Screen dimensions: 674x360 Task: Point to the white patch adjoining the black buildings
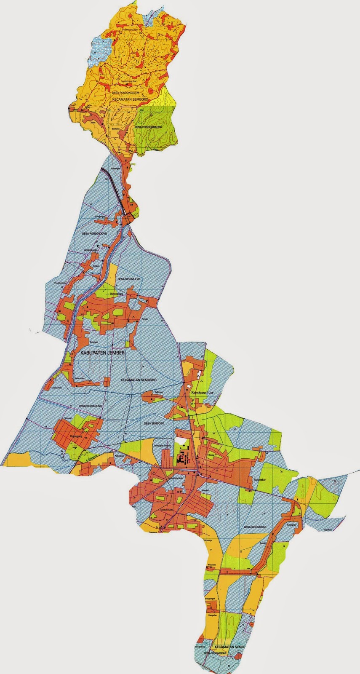point(181,443)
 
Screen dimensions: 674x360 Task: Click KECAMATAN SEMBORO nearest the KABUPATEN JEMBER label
point(139,380)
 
